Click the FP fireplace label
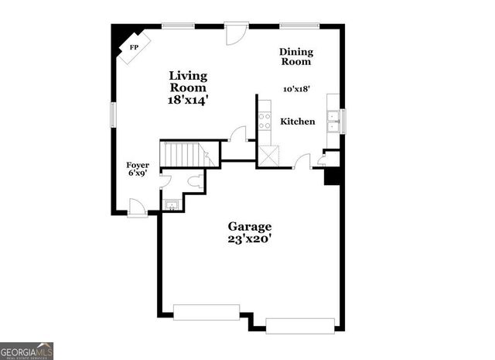[134, 47]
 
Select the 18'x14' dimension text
[189, 99]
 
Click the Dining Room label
[296, 57]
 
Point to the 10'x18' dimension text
[296, 89]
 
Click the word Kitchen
[297, 122]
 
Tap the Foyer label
[138, 165]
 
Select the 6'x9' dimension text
[138, 174]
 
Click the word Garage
[249, 226]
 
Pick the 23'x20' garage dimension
[249, 239]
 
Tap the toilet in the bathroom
[196, 182]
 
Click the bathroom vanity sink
[172, 205]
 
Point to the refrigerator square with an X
[268, 156]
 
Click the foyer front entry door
[138, 208]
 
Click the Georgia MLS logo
[26, 351]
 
